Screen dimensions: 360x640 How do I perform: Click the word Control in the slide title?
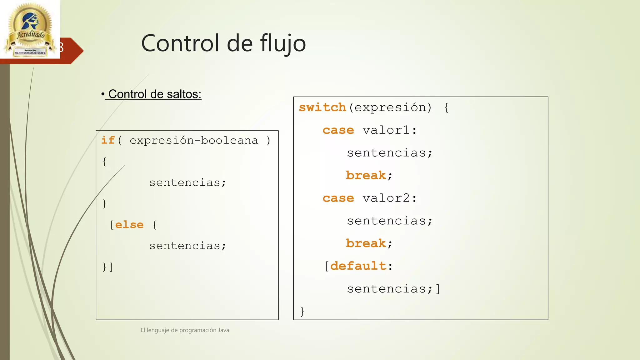(x=180, y=43)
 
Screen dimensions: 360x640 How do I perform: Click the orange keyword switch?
(x=322, y=107)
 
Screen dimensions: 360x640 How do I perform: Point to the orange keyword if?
(x=108, y=140)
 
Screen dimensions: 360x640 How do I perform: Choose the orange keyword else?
(x=129, y=225)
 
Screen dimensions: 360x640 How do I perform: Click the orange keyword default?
(x=358, y=266)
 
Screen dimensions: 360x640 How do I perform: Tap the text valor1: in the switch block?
(x=389, y=130)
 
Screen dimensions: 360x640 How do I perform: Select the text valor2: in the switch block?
(x=389, y=198)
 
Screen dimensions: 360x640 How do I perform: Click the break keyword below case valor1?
(x=366, y=175)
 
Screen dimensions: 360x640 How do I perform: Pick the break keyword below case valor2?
(x=366, y=243)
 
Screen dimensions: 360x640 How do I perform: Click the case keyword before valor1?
(x=338, y=130)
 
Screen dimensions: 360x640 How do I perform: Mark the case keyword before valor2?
(x=338, y=198)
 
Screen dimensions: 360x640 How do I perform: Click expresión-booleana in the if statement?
(x=194, y=141)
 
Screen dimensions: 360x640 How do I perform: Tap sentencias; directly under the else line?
(x=187, y=246)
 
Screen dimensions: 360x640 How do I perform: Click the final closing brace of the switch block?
(x=302, y=311)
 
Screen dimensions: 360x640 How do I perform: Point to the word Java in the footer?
(x=223, y=330)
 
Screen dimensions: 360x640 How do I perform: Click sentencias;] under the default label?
(x=393, y=289)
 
